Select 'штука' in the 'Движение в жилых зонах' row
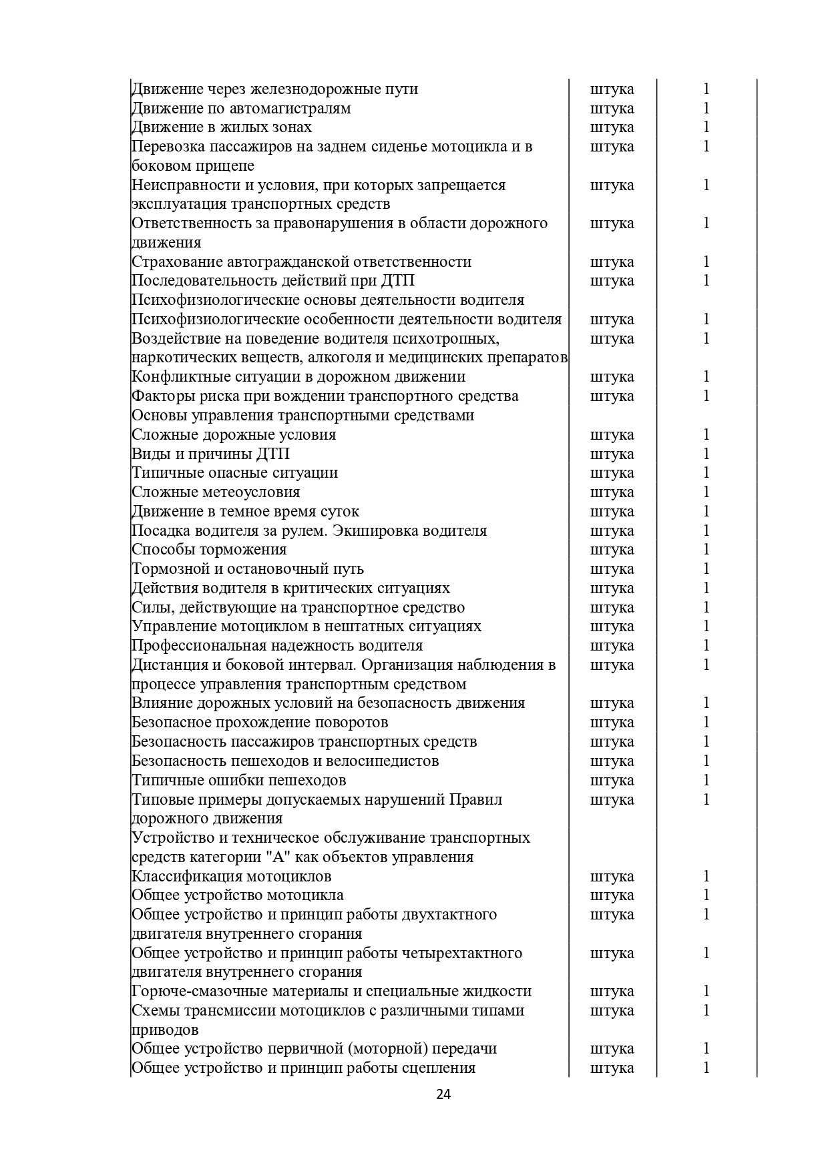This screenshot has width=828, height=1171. click(x=612, y=127)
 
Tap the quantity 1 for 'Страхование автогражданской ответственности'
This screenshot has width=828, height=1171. click(x=706, y=262)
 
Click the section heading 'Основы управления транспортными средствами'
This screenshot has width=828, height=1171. click(x=302, y=416)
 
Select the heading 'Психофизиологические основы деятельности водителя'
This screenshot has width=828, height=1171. click(x=327, y=300)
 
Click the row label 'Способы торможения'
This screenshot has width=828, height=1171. click(x=209, y=550)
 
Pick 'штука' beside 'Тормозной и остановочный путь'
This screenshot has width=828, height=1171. click(x=612, y=569)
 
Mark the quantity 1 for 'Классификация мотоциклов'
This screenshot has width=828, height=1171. click(x=706, y=876)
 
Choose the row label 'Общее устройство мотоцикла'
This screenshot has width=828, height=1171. click(x=237, y=895)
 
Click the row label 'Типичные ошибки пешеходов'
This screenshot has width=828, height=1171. click(x=238, y=781)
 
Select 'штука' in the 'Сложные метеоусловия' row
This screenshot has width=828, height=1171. click(x=612, y=492)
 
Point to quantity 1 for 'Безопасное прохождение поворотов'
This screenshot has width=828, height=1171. click(x=706, y=723)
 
